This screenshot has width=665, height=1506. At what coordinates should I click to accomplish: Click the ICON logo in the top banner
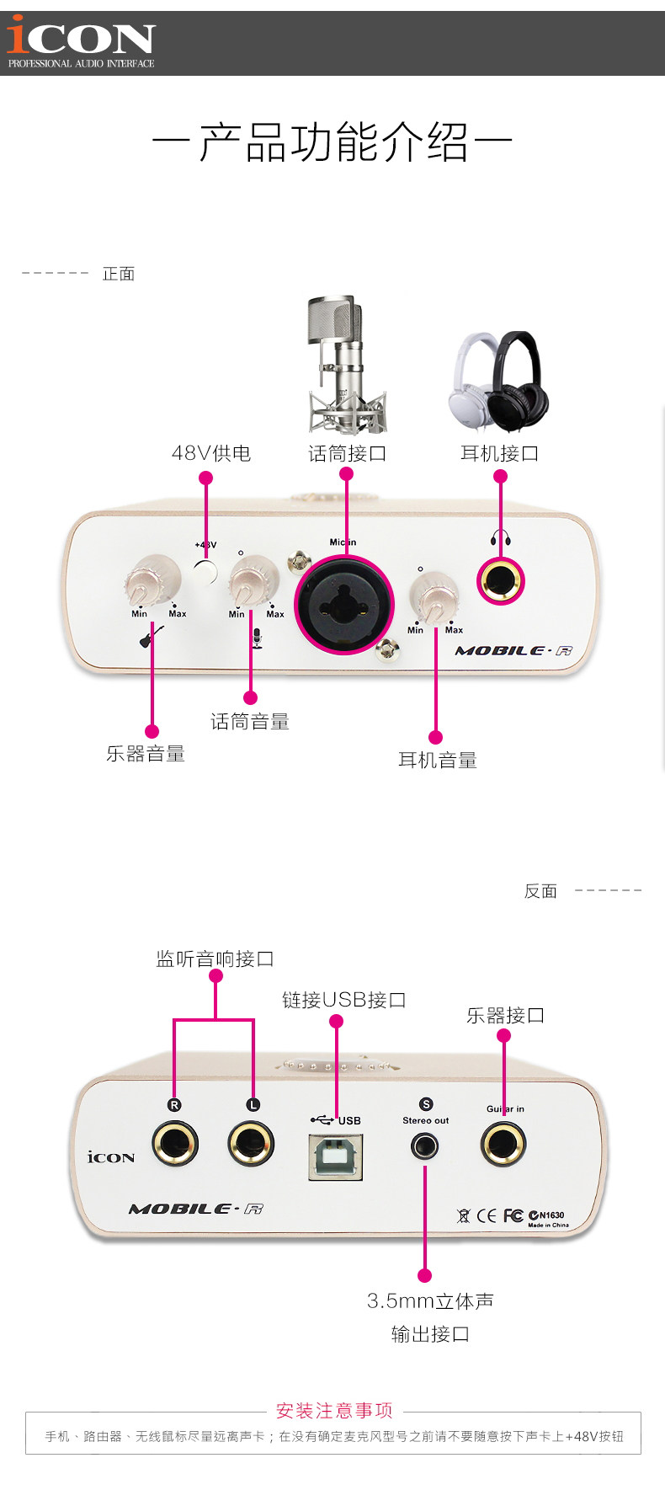tap(81, 42)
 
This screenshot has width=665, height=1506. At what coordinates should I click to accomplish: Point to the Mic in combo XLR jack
tap(343, 602)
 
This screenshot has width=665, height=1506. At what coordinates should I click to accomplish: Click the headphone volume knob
tap(434, 596)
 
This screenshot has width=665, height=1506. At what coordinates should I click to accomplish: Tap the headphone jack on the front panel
tap(501, 581)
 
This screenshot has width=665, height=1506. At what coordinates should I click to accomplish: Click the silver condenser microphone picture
tap(346, 365)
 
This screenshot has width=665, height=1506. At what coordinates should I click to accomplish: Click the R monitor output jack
tap(175, 1144)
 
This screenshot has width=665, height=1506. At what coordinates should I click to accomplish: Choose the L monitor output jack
tap(251, 1144)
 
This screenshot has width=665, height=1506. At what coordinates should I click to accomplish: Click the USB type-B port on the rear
tap(335, 1156)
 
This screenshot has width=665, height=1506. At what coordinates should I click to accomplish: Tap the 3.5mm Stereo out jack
tap(425, 1146)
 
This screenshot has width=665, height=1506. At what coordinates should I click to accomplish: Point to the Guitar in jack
tap(503, 1145)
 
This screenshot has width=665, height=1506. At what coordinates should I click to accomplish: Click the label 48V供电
tap(211, 453)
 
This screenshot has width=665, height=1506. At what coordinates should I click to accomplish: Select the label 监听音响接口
tap(215, 959)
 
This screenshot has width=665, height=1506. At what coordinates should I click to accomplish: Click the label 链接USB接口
tap(344, 1000)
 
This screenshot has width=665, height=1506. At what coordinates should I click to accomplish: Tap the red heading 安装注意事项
tap(334, 1411)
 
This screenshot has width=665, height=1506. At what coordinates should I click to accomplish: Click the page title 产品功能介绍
tap(333, 142)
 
